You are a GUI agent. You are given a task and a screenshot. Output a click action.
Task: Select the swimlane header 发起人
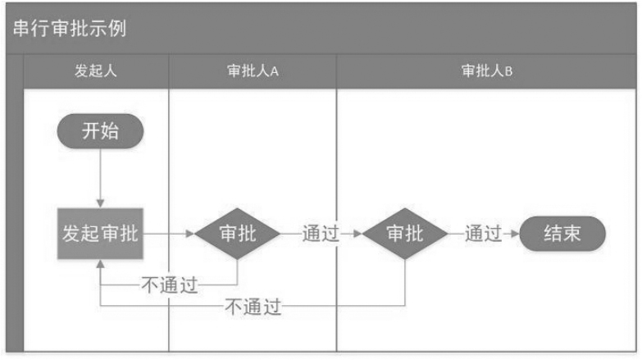pos(96,71)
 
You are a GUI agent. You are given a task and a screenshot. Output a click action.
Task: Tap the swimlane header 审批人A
pos(253,71)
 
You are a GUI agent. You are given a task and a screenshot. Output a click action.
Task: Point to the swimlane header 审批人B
pos(487,71)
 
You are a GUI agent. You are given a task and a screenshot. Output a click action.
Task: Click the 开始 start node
pos(100,131)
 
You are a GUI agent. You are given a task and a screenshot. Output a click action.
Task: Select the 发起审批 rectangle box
pos(100,234)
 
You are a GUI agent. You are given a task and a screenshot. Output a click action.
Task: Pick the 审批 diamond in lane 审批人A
pos(238,234)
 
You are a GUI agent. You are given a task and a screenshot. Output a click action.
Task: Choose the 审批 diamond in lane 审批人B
pos(405,234)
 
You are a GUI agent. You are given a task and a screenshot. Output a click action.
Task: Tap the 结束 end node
pos(562,234)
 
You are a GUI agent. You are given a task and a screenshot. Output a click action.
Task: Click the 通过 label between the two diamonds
pos(321,234)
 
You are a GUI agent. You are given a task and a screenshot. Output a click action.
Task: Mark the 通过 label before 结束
pos(483,234)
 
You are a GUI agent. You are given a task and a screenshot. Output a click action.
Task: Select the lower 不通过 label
pos(253,308)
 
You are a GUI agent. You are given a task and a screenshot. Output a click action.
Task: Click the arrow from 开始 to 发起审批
pos(100,176)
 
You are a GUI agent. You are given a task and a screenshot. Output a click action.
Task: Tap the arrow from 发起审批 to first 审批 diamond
pos(168,234)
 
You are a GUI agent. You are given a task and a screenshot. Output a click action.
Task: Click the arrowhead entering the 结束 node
pos(514,234)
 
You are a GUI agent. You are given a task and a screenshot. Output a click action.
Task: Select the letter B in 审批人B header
pos(508,71)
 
